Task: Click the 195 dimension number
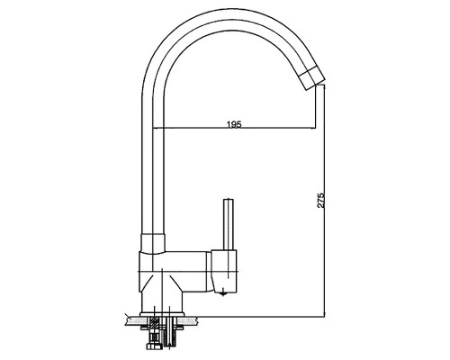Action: [x=234, y=124]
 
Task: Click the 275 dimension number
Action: [x=320, y=200]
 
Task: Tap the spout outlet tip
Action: [x=315, y=85]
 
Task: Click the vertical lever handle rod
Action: [x=229, y=224]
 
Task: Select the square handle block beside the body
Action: [x=224, y=271]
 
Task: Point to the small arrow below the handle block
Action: [x=222, y=292]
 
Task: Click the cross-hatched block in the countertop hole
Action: [x=155, y=324]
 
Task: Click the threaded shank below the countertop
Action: [x=168, y=333]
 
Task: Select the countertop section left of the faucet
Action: [x=133, y=321]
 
